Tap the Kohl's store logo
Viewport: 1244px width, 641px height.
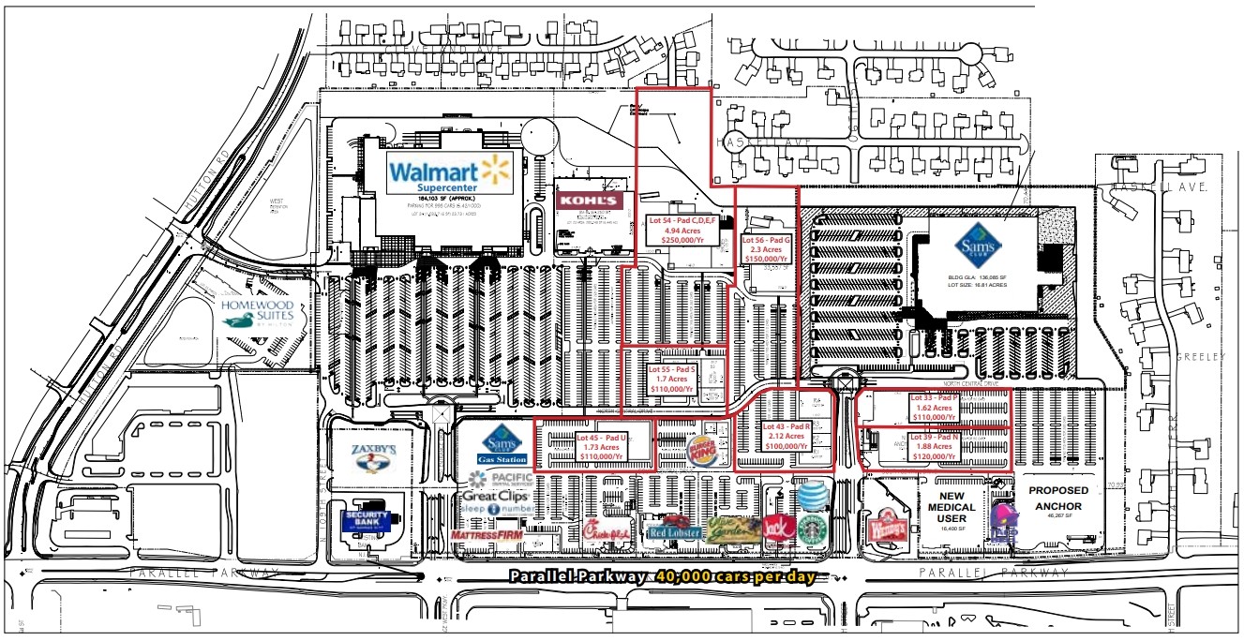pyautogui.click(x=588, y=200)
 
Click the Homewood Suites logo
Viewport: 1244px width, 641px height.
pyautogui.click(x=258, y=313)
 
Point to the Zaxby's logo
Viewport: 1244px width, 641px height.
pyautogui.click(x=373, y=457)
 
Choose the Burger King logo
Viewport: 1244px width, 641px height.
pyautogui.click(x=705, y=447)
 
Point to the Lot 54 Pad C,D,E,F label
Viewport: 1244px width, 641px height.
pyautogui.click(x=682, y=230)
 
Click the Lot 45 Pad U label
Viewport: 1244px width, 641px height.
pyautogui.click(x=602, y=447)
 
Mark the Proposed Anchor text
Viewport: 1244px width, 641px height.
pyautogui.click(x=1059, y=499)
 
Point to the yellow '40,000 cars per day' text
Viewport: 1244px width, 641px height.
pyautogui.click(x=735, y=576)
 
